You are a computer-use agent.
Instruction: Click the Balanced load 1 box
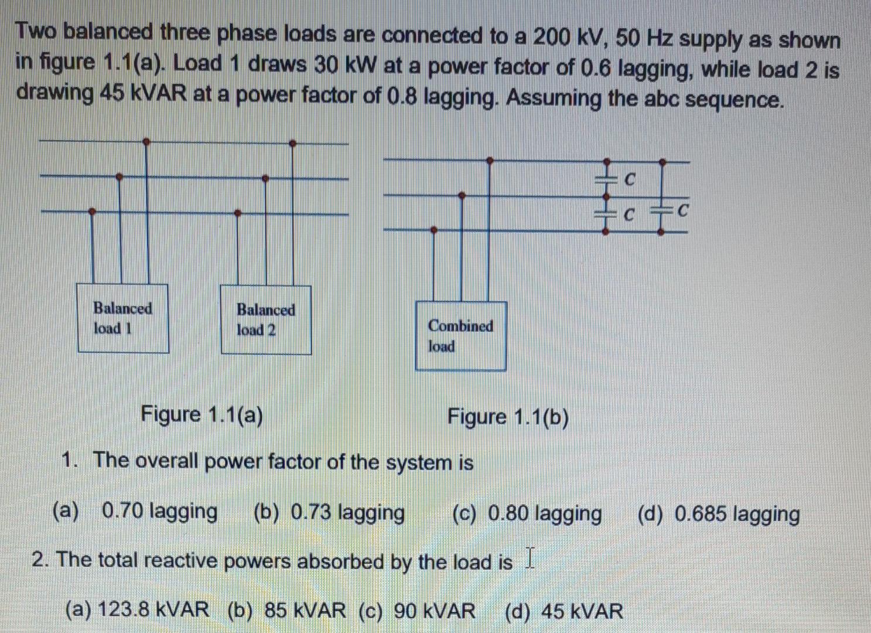(x=123, y=318)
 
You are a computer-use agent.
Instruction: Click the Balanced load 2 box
(x=265, y=319)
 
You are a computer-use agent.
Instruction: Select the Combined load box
(x=460, y=336)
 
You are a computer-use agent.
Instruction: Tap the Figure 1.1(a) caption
(x=202, y=415)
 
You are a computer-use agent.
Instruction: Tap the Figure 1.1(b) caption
(x=508, y=418)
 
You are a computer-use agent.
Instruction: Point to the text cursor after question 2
(x=530, y=557)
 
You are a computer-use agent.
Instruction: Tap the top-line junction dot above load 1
(x=146, y=141)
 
